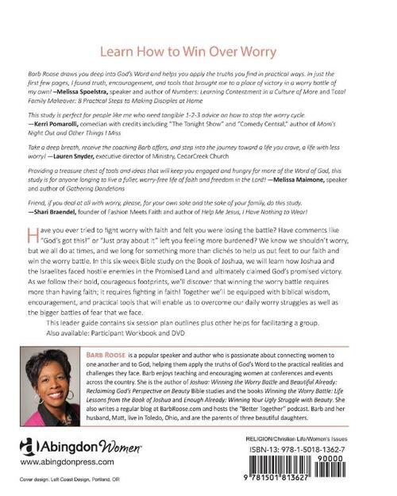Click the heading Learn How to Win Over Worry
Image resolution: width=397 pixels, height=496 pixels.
[x=198, y=50]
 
